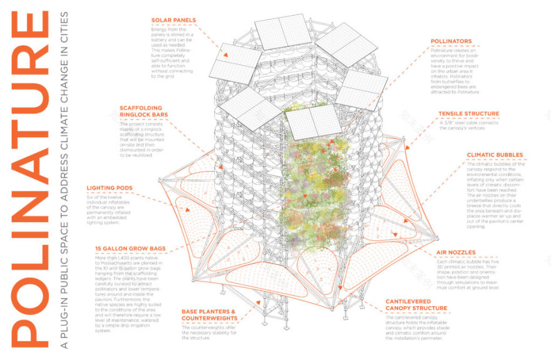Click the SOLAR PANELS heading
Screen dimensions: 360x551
[173, 20]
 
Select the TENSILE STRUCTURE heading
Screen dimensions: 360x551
[469, 114]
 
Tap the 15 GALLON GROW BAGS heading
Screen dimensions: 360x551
[130, 249]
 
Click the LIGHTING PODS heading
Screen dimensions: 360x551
[114, 187]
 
